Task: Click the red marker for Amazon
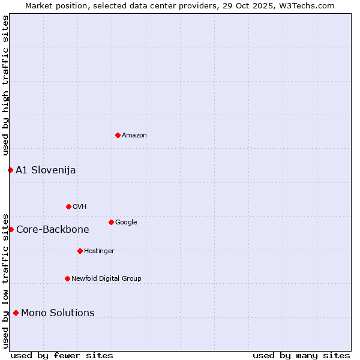[118, 135]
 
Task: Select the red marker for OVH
[68, 206]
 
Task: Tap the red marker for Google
[111, 222]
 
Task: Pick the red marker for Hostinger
[80, 251]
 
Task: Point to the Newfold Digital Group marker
[67, 278]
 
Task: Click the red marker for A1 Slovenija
[10, 170]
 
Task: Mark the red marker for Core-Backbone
[11, 229]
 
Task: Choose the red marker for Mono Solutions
[16, 313]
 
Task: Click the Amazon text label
[134, 136]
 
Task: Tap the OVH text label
[80, 207]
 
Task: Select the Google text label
[126, 223]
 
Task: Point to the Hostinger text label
[99, 251]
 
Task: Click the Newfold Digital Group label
[106, 279]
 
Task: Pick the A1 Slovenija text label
[46, 170]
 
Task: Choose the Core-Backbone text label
[53, 230]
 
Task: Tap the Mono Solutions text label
[58, 313]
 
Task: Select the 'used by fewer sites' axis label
[62, 356]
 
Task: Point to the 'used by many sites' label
[301, 356]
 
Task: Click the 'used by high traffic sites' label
[5, 85]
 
